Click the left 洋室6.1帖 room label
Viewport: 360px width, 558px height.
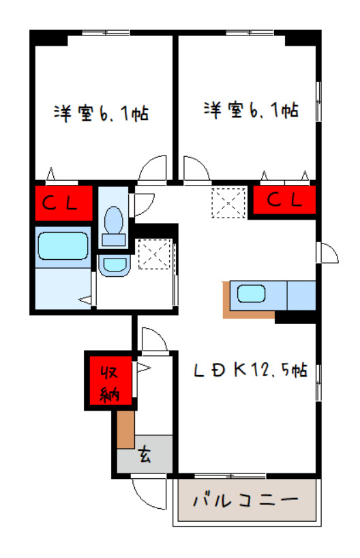point(102,113)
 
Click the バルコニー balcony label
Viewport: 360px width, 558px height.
point(245,500)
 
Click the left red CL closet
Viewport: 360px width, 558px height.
point(63,202)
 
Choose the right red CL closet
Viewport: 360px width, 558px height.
point(284,201)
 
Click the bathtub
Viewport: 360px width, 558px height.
point(63,246)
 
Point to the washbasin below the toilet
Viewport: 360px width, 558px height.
point(114,265)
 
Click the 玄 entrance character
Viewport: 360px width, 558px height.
point(145,452)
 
